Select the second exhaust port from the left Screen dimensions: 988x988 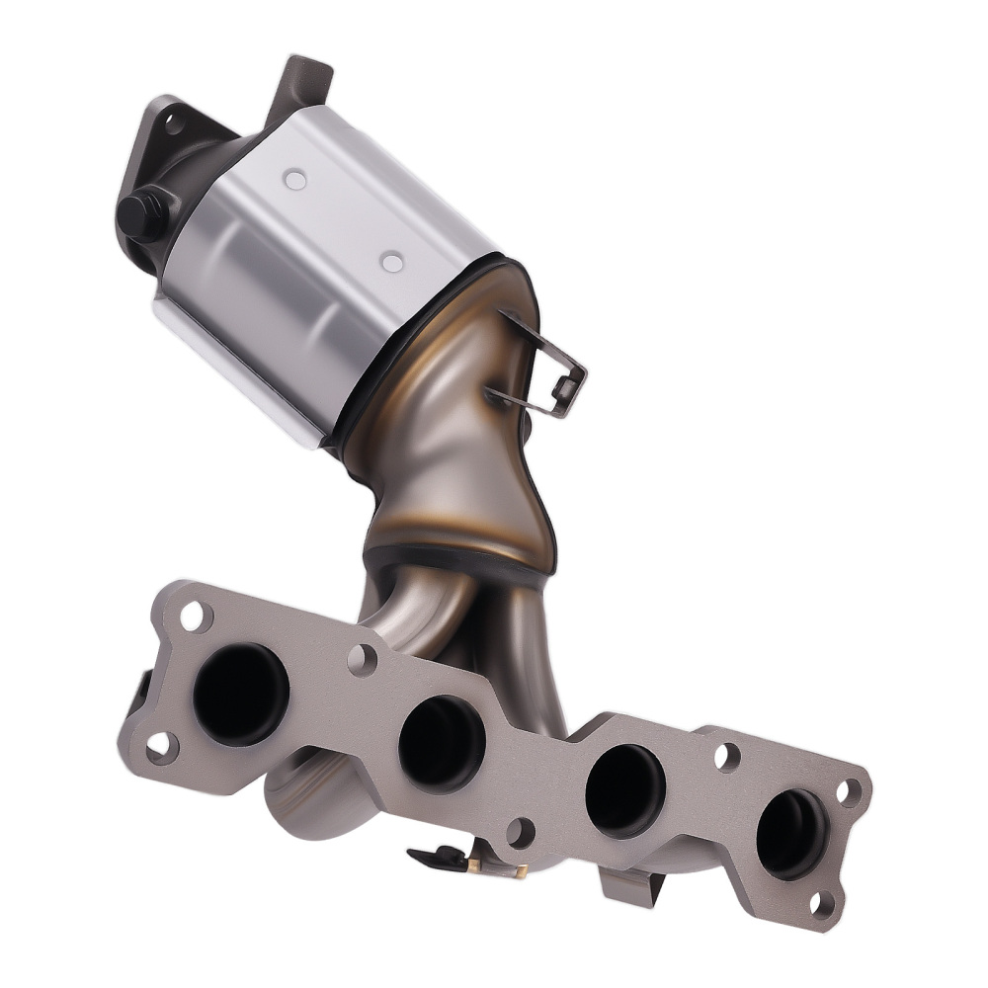coord(442,743)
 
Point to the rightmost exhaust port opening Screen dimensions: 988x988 coord(791,833)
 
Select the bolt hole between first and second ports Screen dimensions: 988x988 coord(363,659)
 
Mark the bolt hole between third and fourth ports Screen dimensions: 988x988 coord(726,757)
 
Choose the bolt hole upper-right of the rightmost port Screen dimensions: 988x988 coord(849,791)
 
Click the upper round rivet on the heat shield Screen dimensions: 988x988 coord(293,180)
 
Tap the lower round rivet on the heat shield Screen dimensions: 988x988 coord(392,262)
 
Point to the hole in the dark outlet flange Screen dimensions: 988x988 coord(175,124)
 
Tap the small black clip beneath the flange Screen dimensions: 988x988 coord(435,856)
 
